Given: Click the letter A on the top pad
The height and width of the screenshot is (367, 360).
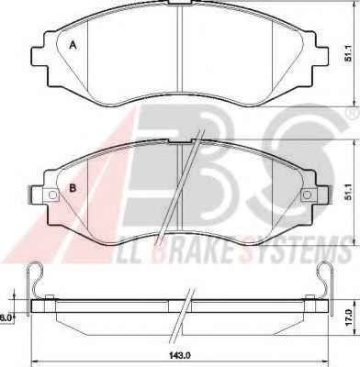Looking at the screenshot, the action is (x=73, y=46).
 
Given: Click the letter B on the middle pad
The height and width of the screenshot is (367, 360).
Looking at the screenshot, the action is (x=73, y=188).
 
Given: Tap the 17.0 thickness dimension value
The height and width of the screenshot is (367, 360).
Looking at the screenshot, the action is (x=348, y=317).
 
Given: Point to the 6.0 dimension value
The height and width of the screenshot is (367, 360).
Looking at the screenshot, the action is (x=6, y=317).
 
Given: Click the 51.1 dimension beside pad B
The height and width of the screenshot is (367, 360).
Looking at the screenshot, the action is (x=348, y=193).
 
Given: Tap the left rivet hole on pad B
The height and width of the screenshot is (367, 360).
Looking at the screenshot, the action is (x=52, y=195).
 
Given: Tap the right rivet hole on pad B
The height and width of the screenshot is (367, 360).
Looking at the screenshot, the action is (x=307, y=195).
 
